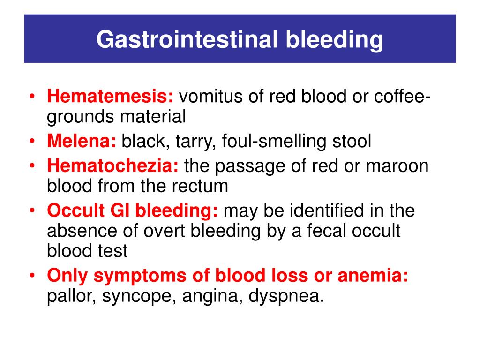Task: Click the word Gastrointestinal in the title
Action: pyautogui.click(x=187, y=39)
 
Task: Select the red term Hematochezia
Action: pyautogui.click(x=112, y=165)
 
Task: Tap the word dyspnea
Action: pyautogui.click(x=286, y=296)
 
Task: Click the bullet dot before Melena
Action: pyautogui.click(x=32, y=141)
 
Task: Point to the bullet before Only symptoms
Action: pyautogui.click(x=32, y=275)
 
